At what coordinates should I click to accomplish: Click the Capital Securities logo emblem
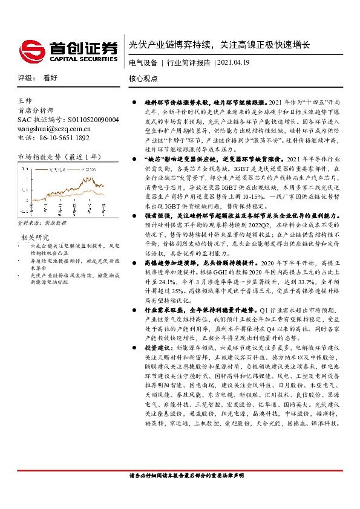[x=30, y=50]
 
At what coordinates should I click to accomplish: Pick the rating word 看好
[x=50, y=78]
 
